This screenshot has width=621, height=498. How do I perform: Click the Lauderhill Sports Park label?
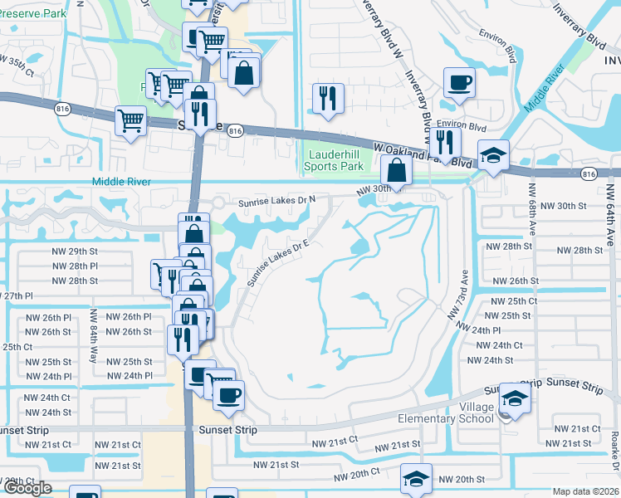[x=336, y=160]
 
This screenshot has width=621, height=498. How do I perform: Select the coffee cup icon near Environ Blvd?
[x=459, y=83]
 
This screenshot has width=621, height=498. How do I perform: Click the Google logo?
[x=27, y=489]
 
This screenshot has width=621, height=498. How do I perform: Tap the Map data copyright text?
[x=584, y=491]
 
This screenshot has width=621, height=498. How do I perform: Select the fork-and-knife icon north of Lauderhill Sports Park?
[x=327, y=99]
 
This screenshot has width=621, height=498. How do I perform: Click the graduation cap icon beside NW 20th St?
[x=416, y=479]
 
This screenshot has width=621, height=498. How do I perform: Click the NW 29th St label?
[x=75, y=251]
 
